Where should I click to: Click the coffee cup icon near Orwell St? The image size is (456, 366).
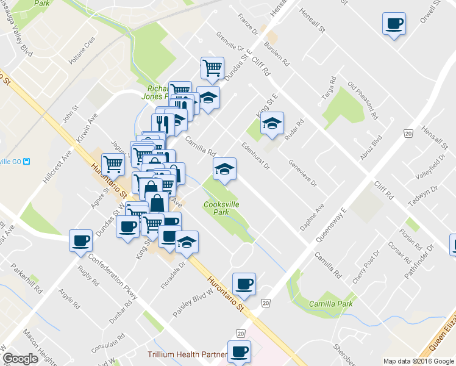[394, 24]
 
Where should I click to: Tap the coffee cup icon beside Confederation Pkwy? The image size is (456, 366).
[80, 240]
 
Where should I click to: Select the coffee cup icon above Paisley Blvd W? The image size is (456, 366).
[244, 284]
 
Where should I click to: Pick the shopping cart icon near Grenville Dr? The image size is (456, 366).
[212, 68]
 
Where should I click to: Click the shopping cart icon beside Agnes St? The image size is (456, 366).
[113, 163]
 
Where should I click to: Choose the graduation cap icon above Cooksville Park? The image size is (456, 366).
[224, 168]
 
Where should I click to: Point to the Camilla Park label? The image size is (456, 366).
[331, 303]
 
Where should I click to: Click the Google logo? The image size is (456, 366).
[20, 358]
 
